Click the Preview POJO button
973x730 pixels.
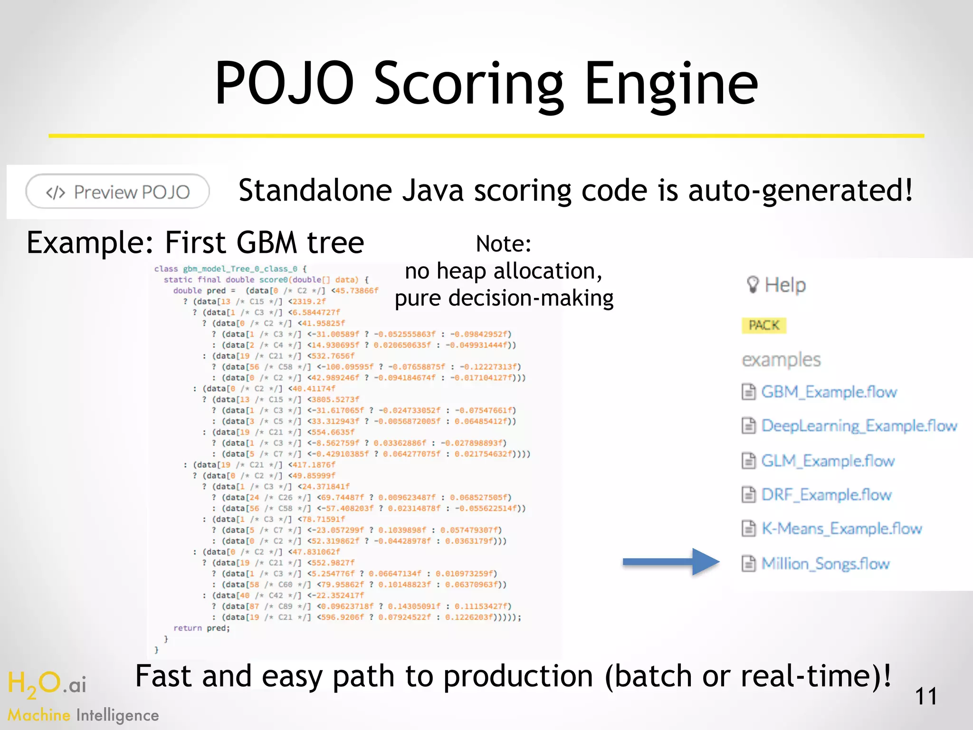(117, 192)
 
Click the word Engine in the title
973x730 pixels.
(670, 84)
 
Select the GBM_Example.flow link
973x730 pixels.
(828, 392)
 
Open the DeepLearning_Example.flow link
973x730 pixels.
(858, 426)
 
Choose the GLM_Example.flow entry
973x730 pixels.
(827, 461)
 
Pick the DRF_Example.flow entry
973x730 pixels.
(826, 495)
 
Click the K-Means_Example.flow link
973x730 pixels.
(841, 528)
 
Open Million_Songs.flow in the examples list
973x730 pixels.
(825, 564)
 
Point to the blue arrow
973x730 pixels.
(671, 562)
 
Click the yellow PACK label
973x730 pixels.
(764, 326)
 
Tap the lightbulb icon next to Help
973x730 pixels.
(753, 285)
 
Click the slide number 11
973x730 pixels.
(925, 696)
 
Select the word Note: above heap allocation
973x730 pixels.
(503, 244)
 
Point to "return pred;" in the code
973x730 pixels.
(201, 628)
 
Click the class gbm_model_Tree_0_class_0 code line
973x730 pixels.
(230, 269)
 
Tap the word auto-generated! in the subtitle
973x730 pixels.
(800, 190)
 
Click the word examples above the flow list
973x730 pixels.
(781, 360)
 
